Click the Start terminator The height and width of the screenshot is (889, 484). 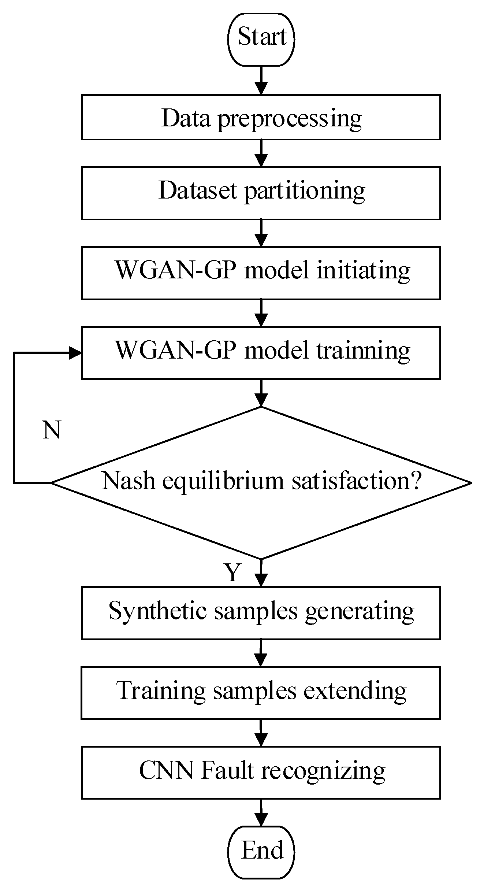click(261, 39)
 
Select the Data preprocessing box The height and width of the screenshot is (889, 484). click(261, 117)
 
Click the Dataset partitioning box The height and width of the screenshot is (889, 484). click(261, 193)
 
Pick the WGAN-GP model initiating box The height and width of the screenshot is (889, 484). click(261, 273)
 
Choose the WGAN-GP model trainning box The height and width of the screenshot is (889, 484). click(261, 352)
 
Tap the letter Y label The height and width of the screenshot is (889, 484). click(233, 572)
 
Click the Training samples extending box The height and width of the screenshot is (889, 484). click(261, 692)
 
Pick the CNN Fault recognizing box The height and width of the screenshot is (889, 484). click(261, 772)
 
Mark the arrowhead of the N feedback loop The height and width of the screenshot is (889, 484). click(75, 353)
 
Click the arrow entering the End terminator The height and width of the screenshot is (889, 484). click(261, 812)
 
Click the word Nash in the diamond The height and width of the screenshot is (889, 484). click(128, 481)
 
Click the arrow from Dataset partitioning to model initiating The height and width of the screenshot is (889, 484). click(261, 234)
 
